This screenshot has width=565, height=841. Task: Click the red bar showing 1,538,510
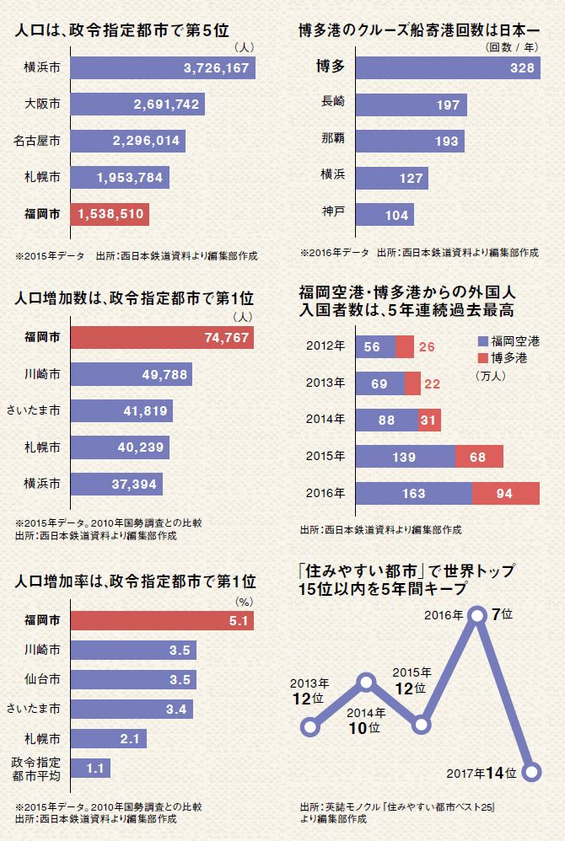point(110,214)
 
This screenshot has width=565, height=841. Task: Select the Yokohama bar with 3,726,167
point(163,67)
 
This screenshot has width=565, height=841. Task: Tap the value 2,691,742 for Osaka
point(166,104)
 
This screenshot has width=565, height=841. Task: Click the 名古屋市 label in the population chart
point(38,141)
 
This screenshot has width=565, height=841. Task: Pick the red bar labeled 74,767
point(163,337)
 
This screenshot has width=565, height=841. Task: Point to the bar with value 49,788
point(132,374)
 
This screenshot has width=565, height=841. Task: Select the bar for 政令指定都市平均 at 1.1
point(90,769)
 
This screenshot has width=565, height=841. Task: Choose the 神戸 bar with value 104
point(385,214)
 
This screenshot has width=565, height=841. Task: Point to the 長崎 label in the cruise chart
point(333,103)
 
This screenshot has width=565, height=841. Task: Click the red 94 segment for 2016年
point(506,494)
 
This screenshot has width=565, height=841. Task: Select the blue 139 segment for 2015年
point(406,456)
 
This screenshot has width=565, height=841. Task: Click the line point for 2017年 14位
point(531,771)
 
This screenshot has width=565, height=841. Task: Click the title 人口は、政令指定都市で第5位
point(123,33)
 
